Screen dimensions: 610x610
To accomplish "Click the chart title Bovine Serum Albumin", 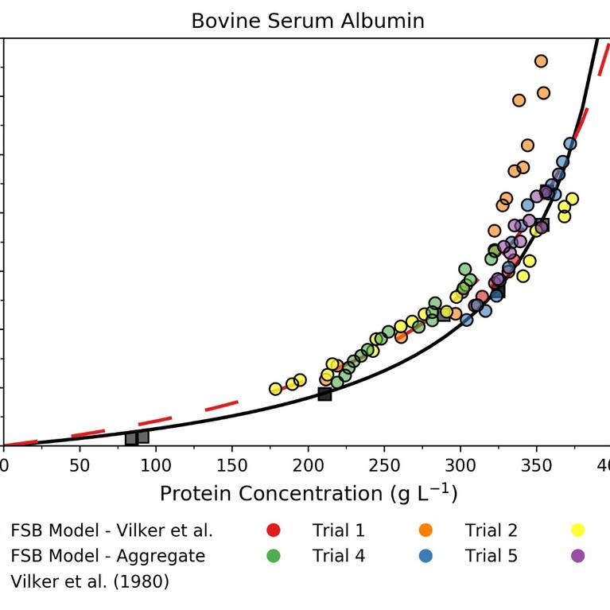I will coord(308,21).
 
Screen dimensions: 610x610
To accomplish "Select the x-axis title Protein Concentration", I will coord(309,494).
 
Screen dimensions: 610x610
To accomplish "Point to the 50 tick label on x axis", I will coord(80,464).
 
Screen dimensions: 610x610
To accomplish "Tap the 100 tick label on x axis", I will coord(156,464).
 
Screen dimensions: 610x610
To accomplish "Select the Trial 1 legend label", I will coord(339,530).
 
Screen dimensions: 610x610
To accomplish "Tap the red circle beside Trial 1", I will coord(274,530).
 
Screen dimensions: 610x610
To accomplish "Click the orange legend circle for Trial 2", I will coord(425,530).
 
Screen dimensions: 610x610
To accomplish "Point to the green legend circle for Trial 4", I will coord(274,556).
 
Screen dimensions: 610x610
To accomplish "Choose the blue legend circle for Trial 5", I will coord(425,556).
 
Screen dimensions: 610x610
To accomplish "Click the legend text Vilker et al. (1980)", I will coord(90,581).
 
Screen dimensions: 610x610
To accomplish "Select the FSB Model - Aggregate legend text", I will coord(108,556).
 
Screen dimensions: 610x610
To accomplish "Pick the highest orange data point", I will coord(541,61).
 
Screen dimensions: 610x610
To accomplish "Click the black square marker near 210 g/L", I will coord(324,394).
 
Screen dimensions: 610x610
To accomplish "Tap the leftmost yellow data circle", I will coord(275,389).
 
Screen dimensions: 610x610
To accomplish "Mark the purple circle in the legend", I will coord(578,556).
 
